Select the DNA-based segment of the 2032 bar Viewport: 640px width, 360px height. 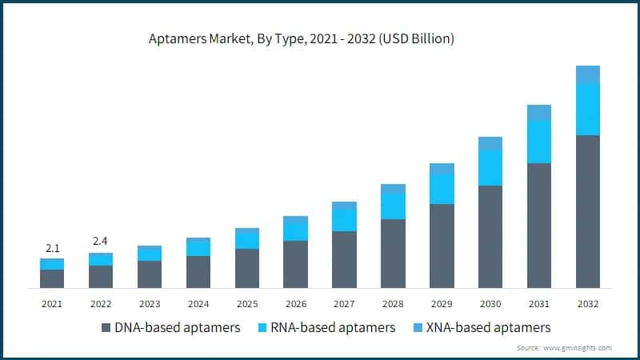click(588, 211)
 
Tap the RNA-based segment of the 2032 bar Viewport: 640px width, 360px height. click(588, 109)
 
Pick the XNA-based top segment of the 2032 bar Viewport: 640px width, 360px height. click(588, 74)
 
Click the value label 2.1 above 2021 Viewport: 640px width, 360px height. click(52, 247)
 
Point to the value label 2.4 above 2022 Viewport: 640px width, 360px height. click(101, 241)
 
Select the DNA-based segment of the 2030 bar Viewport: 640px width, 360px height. click(490, 236)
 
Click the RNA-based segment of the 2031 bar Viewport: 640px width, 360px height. click(539, 142)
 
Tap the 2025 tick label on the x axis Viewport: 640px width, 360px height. click(246, 304)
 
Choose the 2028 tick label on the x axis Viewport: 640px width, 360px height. click(393, 304)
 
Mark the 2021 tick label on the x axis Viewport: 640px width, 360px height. click(52, 304)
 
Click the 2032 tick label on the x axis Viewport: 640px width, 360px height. click(588, 304)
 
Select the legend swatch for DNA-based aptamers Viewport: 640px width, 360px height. click(106, 328)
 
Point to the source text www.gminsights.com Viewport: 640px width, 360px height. click(577, 348)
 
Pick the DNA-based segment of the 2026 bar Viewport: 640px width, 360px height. click(295, 264)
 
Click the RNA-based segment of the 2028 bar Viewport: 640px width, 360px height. click(393, 206)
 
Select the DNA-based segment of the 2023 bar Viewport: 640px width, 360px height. click(150, 274)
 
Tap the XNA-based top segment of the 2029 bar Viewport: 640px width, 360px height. click(442, 169)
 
